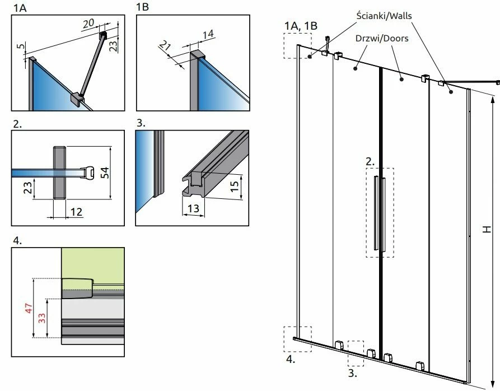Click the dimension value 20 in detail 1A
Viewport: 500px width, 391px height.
[88, 24]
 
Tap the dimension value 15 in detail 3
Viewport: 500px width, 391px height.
[235, 183]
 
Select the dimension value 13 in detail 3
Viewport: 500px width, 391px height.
[194, 209]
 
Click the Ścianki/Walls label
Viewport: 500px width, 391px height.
[384, 16]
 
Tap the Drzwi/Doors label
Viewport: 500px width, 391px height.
[381, 39]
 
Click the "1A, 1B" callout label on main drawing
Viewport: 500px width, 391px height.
[301, 25]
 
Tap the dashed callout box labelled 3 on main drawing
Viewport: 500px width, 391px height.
[356, 353]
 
